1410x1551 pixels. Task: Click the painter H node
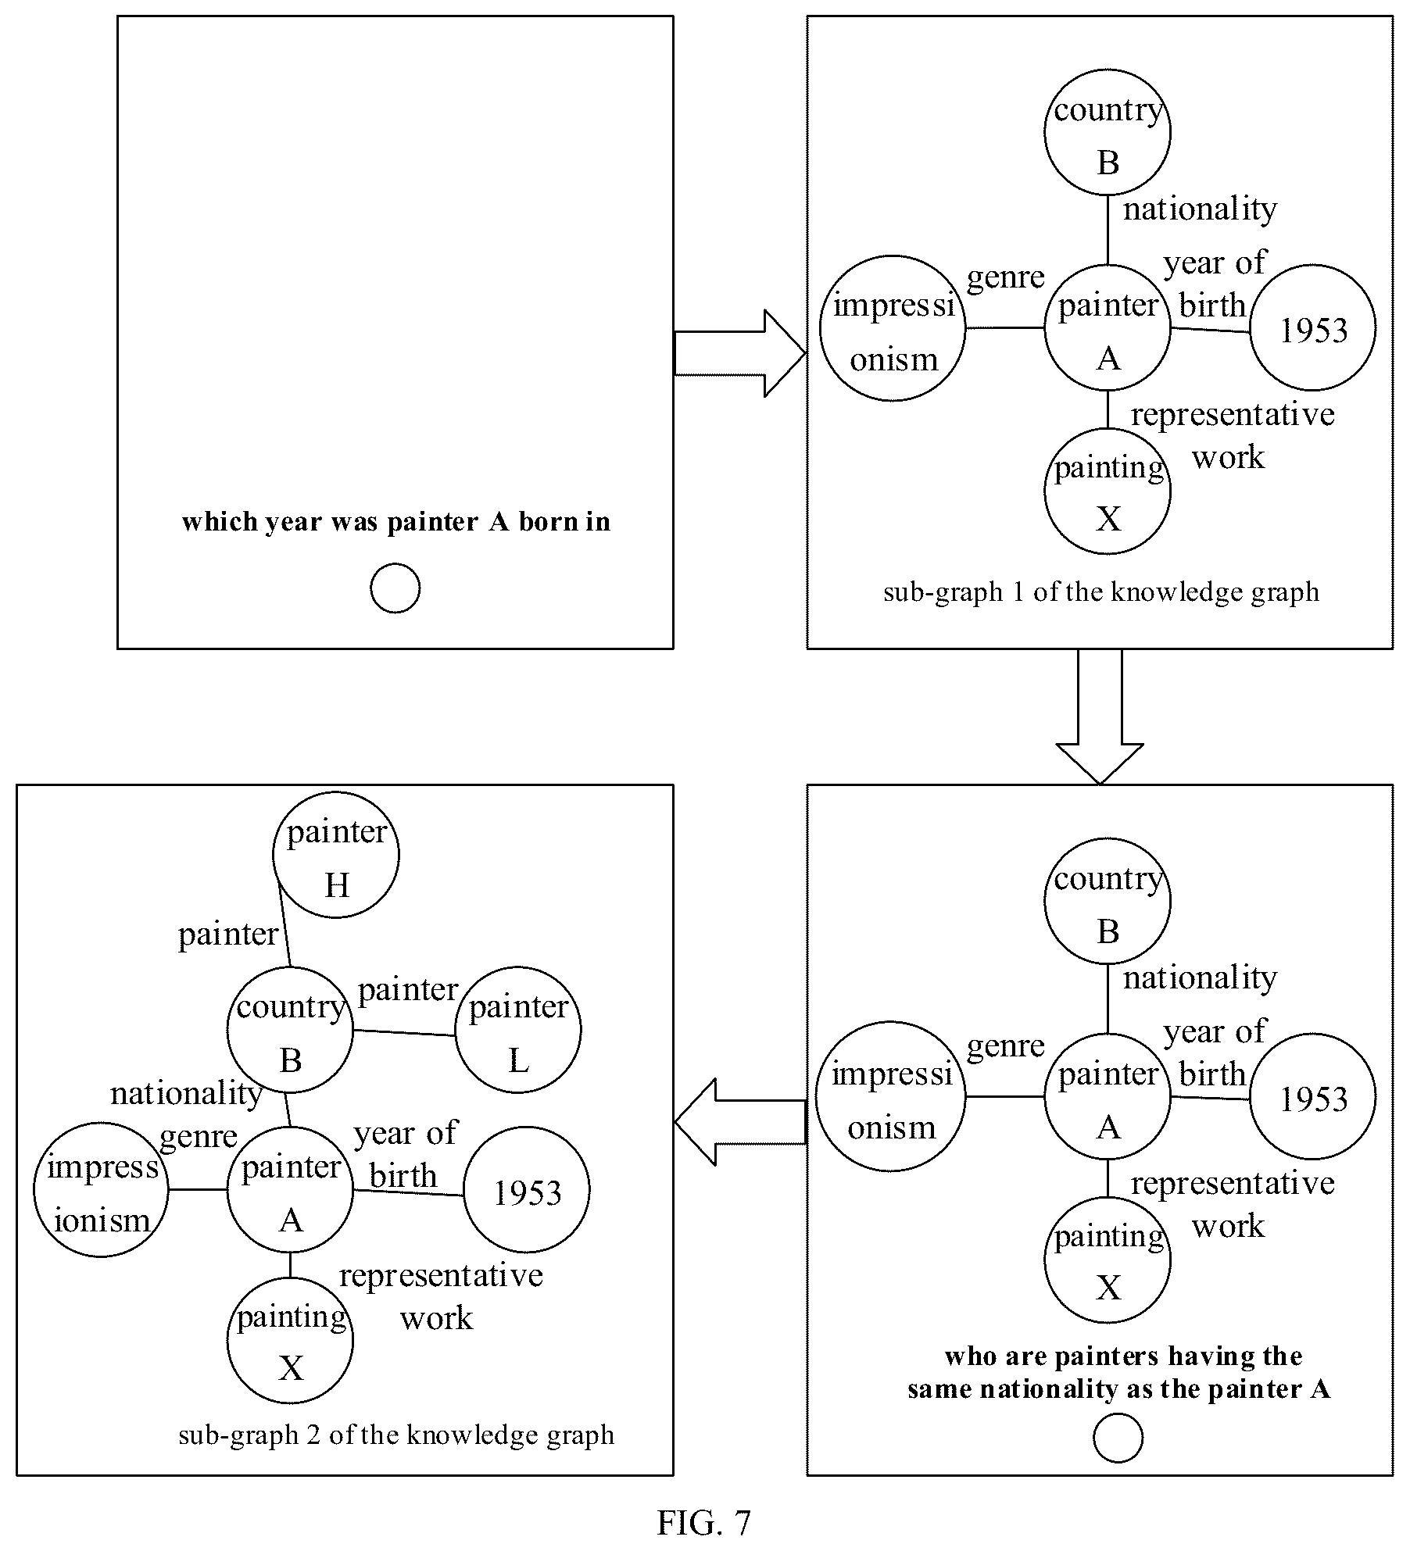[336, 855]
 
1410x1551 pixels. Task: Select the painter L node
[518, 1030]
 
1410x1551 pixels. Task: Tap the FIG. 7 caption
[703, 1522]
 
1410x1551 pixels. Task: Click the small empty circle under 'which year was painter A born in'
[395, 588]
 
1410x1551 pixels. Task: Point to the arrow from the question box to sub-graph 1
[739, 353]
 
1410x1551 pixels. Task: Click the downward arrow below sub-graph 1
[1100, 716]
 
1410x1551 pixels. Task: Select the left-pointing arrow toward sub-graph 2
[739, 1122]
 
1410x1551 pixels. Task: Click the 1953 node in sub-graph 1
[1313, 328]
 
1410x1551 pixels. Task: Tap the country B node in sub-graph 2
[290, 1030]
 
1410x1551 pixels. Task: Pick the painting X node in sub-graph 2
[290, 1341]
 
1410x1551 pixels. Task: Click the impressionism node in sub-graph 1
[893, 328]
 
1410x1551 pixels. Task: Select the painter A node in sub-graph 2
[290, 1190]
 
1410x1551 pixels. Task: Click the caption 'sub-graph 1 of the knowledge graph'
[1100, 592]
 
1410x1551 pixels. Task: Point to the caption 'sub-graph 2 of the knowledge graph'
[396, 1435]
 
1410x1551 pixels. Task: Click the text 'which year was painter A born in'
[396, 521]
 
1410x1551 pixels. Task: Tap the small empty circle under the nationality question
[1118, 1438]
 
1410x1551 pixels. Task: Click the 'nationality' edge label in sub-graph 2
[186, 1093]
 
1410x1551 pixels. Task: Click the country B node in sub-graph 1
[1108, 132]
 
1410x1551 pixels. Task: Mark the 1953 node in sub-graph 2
[527, 1190]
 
